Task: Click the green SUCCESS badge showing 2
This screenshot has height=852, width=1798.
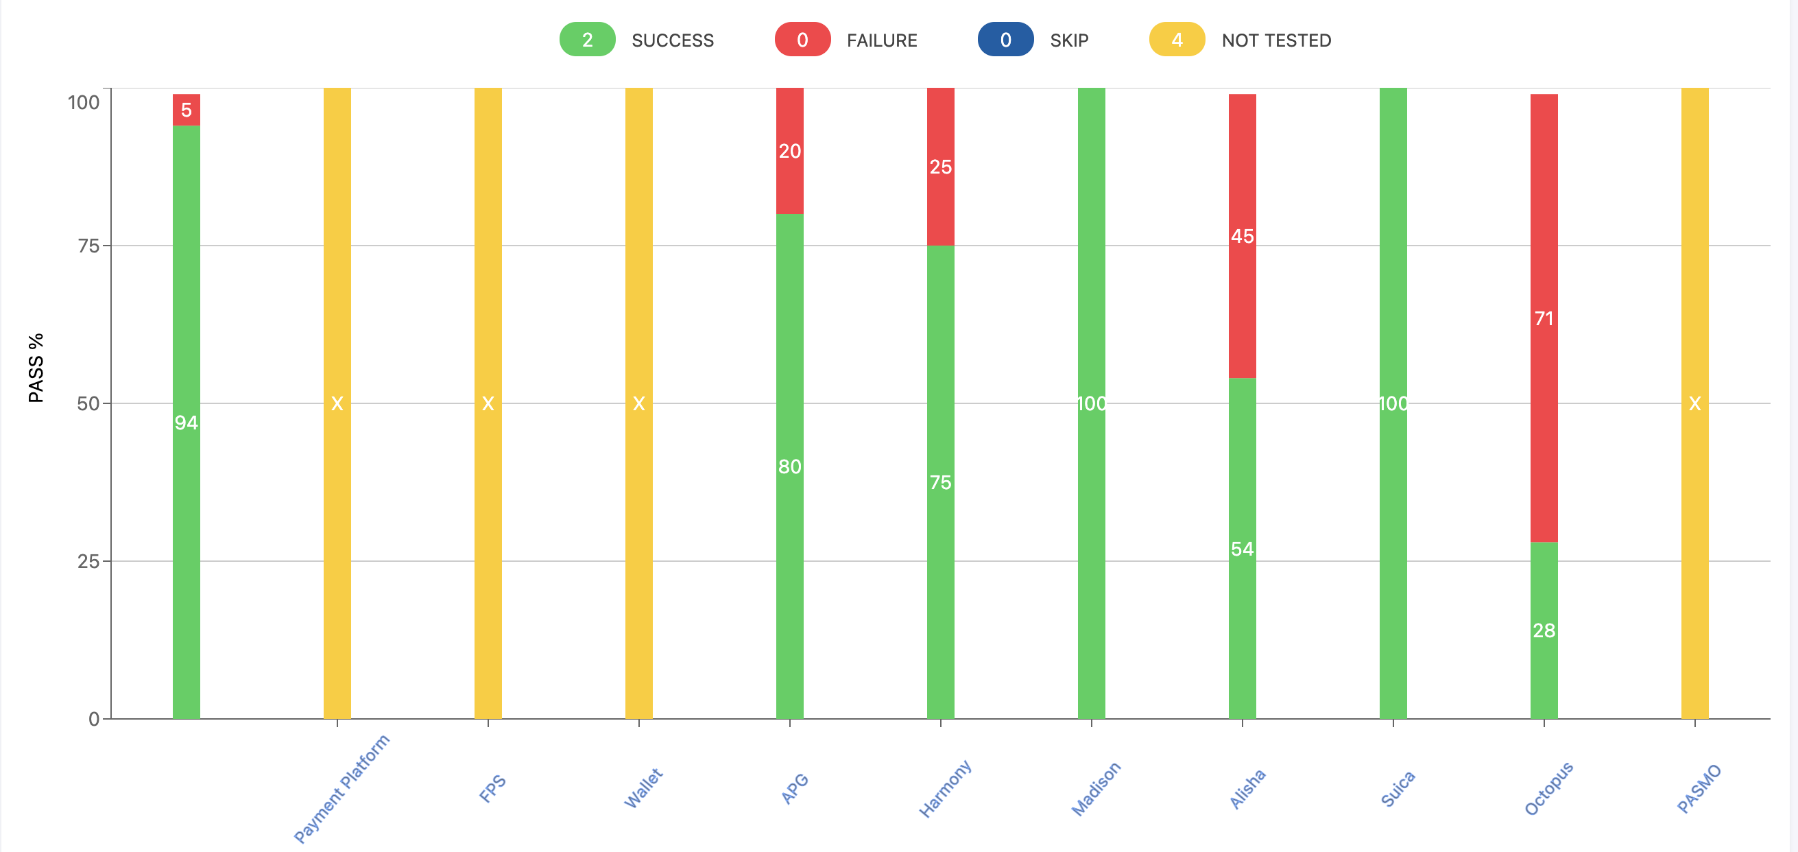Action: [x=587, y=40]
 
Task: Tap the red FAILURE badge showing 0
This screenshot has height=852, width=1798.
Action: [x=802, y=40]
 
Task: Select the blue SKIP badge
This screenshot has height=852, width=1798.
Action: [x=1005, y=40]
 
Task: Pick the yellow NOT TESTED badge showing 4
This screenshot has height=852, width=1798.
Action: [x=1177, y=40]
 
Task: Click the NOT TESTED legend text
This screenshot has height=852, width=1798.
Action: [x=1276, y=40]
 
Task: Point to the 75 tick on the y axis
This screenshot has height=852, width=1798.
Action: [x=88, y=246]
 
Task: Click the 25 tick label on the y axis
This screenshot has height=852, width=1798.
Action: [x=88, y=561]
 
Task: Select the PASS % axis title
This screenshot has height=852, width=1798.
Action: [x=36, y=368]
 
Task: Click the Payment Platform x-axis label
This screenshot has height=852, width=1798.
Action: [x=341, y=788]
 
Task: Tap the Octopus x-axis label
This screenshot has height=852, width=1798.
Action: [x=1548, y=788]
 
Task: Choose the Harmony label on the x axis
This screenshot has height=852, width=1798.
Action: [x=944, y=788]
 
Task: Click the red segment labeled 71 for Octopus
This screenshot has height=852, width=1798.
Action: [x=1544, y=318]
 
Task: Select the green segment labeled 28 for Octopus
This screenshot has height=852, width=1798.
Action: [x=1544, y=630]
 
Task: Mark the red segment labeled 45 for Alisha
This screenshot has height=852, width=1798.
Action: [x=1243, y=236]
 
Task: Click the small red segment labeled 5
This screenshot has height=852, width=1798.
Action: [x=187, y=110]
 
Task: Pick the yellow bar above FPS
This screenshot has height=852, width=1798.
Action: [x=488, y=403]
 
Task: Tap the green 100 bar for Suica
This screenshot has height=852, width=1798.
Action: [x=1393, y=403]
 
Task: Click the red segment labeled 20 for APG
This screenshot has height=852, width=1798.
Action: [x=790, y=151]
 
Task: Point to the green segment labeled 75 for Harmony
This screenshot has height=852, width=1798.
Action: [x=941, y=482]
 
